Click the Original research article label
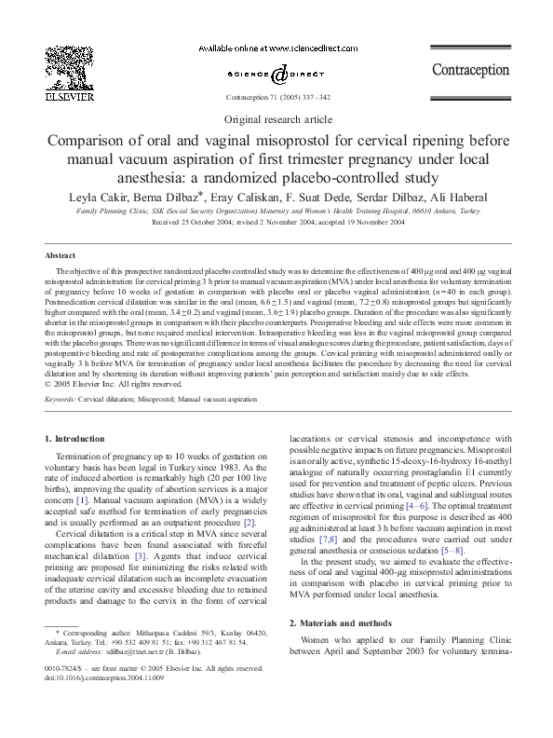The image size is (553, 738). tap(276, 120)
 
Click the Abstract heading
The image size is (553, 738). tap(61, 255)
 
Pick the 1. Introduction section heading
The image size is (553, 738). tap(76, 437)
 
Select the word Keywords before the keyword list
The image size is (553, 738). tap(61, 399)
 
